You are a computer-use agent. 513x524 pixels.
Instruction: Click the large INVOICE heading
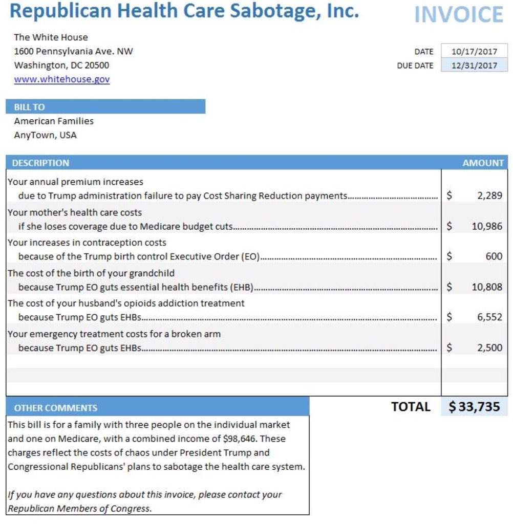point(458,15)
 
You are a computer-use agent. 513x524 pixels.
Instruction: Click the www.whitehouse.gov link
point(61,79)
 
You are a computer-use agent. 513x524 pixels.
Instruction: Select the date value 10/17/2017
point(474,51)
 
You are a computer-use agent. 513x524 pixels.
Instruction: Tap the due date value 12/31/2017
point(474,65)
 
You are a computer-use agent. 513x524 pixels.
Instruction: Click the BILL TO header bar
point(105,107)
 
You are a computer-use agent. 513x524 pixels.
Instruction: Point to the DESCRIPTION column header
point(40,163)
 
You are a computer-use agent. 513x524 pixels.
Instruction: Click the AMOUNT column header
point(483,163)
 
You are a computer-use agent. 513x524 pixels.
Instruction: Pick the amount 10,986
point(487,226)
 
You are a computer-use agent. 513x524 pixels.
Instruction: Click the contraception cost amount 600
point(494,256)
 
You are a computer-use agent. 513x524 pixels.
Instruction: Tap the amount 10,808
point(487,287)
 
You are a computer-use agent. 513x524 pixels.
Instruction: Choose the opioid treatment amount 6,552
point(489,317)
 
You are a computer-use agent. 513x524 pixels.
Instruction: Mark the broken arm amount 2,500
point(489,348)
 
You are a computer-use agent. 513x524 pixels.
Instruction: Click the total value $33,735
point(474,407)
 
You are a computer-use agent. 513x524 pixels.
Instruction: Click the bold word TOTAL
point(411,407)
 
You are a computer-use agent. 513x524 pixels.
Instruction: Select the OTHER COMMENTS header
point(55,408)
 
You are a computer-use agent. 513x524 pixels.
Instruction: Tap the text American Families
point(54,121)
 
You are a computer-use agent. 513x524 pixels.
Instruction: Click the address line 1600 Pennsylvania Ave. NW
point(73,51)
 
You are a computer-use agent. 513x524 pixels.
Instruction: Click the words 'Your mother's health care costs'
point(75,212)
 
